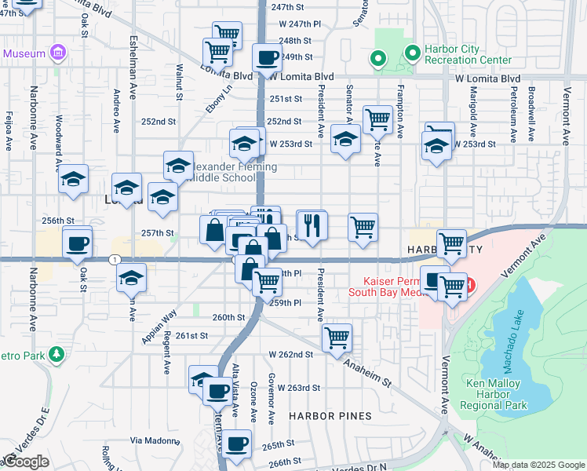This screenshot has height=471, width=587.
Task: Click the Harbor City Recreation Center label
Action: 468,54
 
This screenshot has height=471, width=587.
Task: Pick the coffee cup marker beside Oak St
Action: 77,243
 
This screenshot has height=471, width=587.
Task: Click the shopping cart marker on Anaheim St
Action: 337,338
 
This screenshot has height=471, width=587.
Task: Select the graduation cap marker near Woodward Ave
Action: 73,180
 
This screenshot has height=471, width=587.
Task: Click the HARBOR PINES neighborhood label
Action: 323,415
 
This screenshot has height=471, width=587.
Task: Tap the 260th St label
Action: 228,317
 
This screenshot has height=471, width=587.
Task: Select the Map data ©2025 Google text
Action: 539,465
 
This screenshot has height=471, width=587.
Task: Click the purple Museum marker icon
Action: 57,53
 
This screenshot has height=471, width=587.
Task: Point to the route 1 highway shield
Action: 115,259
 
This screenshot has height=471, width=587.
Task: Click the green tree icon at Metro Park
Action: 57,356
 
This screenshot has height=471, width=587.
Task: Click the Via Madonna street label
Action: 155,440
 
